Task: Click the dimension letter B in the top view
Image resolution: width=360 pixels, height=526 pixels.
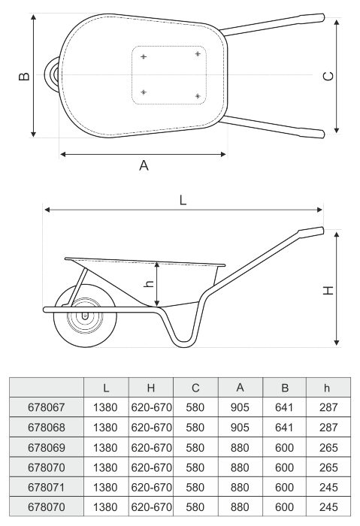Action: pyautogui.click(x=24, y=77)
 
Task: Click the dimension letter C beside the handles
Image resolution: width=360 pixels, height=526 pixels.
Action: pyautogui.click(x=328, y=77)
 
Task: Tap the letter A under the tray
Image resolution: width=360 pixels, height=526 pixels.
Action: pyautogui.click(x=144, y=165)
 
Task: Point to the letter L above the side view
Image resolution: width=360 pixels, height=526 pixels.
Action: pyautogui.click(x=183, y=201)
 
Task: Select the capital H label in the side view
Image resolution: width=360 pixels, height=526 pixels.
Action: pyautogui.click(x=328, y=290)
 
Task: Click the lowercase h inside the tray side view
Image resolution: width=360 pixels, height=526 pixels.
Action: pyautogui.click(x=149, y=283)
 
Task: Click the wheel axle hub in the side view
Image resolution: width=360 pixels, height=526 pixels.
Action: pyautogui.click(x=84, y=316)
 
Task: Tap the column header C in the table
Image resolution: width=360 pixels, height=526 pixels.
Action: pyautogui.click(x=195, y=388)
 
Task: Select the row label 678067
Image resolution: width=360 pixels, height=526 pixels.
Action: pyautogui.click(x=47, y=407)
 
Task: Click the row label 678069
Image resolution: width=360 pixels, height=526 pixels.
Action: pyautogui.click(x=47, y=448)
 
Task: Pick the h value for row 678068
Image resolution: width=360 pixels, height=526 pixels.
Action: pyautogui.click(x=328, y=428)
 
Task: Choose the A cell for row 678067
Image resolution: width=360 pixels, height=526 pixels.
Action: pyautogui.click(x=240, y=407)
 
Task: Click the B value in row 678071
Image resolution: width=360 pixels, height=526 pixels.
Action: pyautogui.click(x=284, y=487)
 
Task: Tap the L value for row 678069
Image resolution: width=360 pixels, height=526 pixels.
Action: pyautogui.click(x=105, y=448)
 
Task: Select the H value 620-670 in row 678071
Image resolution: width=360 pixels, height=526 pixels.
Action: pyautogui.click(x=151, y=487)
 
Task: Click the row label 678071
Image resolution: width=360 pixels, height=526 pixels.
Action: pyautogui.click(x=47, y=487)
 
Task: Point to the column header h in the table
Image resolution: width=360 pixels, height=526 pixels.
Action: pyautogui.click(x=327, y=388)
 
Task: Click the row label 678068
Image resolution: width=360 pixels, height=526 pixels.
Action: pyautogui.click(x=47, y=428)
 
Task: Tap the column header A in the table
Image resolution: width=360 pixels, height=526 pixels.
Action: pyautogui.click(x=240, y=388)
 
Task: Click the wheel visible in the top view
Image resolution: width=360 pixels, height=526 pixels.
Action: pyautogui.click(x=51, y=74)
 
